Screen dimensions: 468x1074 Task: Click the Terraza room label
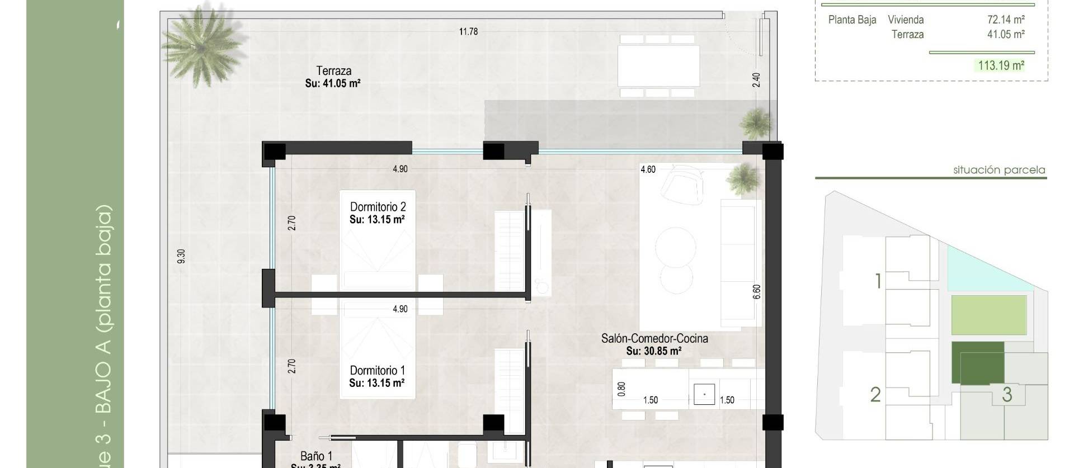click(333, 71)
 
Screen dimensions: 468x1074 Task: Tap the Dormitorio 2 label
click(378, 207)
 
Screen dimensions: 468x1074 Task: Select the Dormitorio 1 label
click(378, 371)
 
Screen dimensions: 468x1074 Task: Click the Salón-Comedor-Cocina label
click(654, 339)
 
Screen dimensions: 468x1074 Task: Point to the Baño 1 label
click(316, 457)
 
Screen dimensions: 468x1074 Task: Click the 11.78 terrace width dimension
click(468, 32)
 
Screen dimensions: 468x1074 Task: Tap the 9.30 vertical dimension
click(181, 256)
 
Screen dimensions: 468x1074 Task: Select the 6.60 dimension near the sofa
click(757, 291)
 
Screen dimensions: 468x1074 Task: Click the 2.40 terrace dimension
click(756, 79)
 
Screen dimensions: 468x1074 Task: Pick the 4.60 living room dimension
click(648, 169)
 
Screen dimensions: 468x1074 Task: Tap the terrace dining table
click(658, 65)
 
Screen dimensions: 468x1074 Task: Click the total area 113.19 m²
click(1001, 65)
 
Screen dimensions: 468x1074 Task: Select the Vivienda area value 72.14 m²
click(1005, 20)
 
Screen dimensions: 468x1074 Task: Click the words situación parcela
click(999, 170)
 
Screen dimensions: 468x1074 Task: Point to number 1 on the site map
click(878, 281)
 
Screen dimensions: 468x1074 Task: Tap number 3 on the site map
click(1007, 395)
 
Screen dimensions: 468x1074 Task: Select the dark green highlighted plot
click(977, 362)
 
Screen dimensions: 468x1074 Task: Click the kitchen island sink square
click(704, 394)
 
